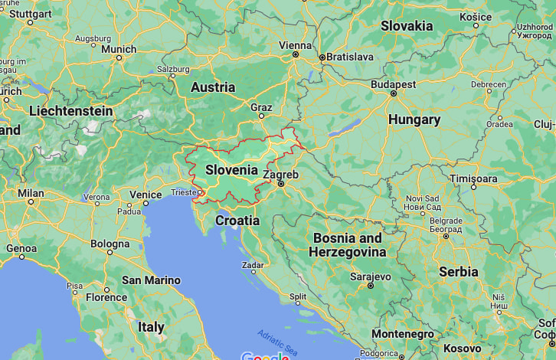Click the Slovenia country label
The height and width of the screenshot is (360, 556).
[x=231, y=169]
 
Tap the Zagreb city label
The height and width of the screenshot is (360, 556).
[x=280, y=175]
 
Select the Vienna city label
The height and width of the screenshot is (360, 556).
[x=296, y=45]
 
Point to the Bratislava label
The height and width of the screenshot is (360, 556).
[x=350, y=57]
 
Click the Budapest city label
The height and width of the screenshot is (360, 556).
[x=393, y=84]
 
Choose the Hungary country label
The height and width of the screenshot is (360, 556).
[x=414, y=119]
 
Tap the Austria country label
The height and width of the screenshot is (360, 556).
[x=212, y=87]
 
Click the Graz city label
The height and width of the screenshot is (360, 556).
[x=261, y=107]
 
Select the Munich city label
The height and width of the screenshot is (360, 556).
[x=119, y=49]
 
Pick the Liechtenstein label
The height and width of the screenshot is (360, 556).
[x=70, y=111]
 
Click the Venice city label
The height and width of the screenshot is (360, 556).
[x=146, y=195]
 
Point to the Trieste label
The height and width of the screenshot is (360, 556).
[x=183, y=191]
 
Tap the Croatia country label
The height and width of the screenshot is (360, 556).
[x=237, y=221]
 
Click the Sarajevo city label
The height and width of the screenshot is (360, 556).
[x=371, y=277]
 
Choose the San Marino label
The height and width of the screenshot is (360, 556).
[x=151, y=280]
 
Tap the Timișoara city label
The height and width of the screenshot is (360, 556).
[x=473, y=178]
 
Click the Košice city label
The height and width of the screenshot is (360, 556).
[x=476, y=16]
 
